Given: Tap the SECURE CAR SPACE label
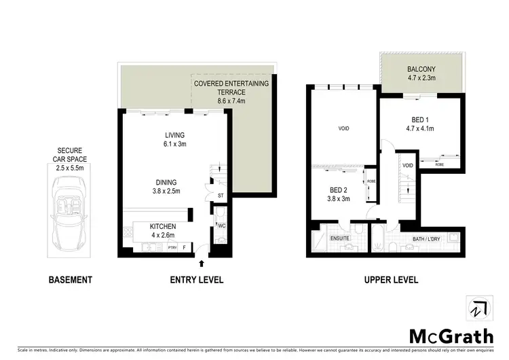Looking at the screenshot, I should [71, 154].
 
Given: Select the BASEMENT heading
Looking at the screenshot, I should [71, 280].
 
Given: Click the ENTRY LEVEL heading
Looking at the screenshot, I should [197, 280].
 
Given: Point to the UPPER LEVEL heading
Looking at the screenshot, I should [391, 280].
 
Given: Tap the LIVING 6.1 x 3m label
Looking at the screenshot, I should [166, 139].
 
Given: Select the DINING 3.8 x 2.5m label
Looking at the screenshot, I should [166, 187].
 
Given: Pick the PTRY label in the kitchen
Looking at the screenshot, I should [172, 248].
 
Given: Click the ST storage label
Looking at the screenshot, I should [221, 197].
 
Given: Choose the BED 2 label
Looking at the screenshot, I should [339, 194].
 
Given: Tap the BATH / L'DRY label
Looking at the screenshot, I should [429, 239].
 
